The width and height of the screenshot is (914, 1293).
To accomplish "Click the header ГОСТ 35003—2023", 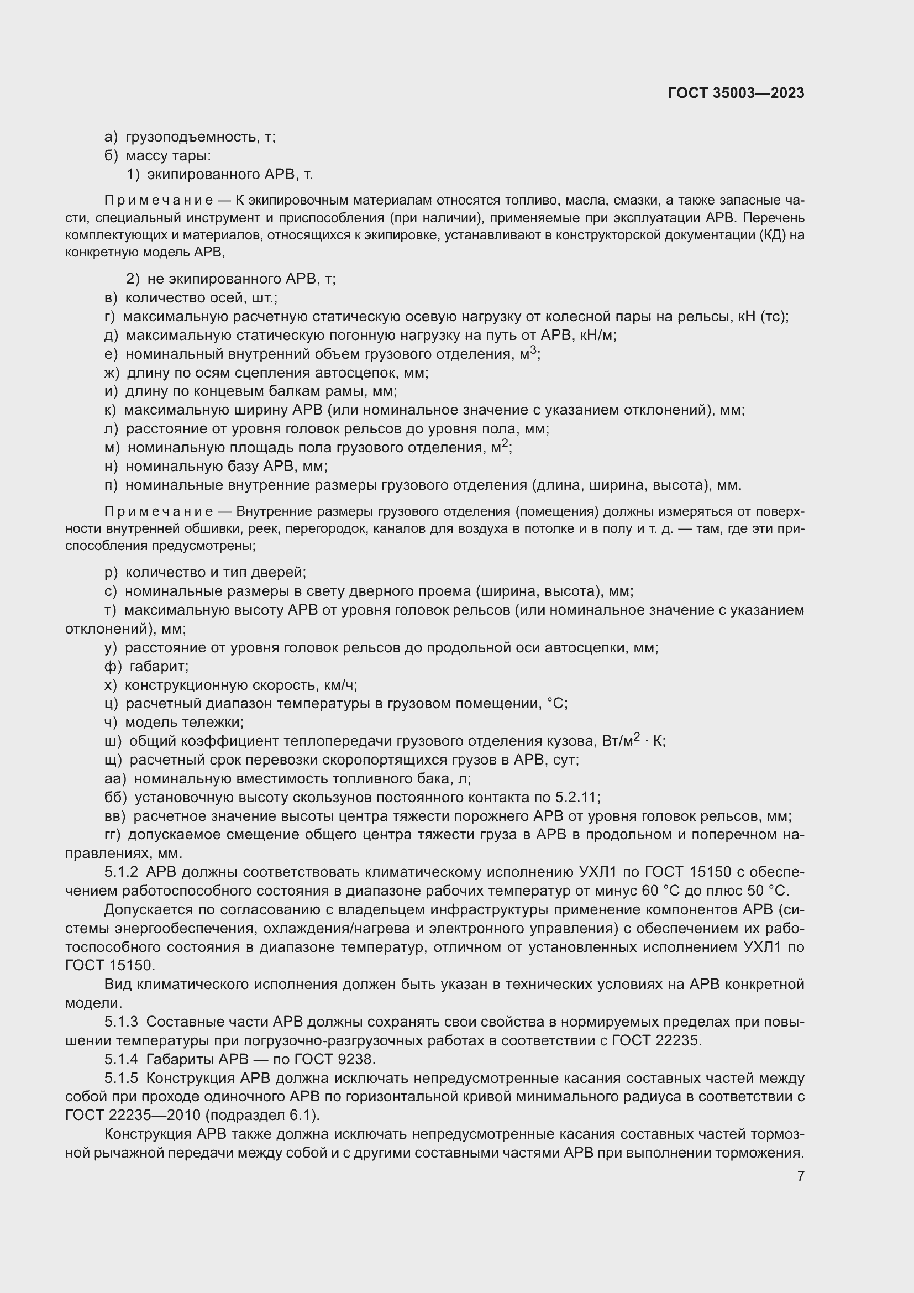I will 736,93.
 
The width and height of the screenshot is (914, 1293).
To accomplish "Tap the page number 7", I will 800,1176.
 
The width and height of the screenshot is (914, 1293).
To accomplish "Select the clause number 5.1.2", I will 121,872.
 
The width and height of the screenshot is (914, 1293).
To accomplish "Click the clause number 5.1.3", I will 121,1022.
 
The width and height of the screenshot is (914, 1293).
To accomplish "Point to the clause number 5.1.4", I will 121,1059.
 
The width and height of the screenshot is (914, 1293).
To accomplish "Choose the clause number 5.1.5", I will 121,1079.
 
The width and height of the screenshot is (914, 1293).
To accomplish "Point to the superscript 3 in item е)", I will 534,350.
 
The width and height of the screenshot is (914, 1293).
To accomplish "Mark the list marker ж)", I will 112,373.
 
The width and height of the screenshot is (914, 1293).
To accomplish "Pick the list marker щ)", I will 113,760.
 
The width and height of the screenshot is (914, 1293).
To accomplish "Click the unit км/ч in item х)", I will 340,685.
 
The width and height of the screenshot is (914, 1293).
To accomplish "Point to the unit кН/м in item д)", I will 601,336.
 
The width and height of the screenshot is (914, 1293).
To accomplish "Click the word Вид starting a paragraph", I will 118,985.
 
